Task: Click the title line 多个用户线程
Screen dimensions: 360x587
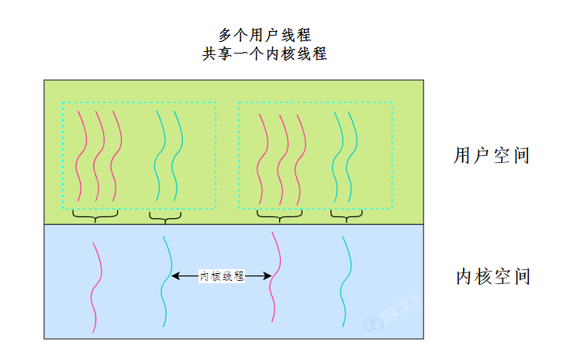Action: (x=264, y=35)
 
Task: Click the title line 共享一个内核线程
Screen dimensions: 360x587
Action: (x=264, y=54)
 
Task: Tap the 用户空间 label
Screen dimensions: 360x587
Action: (x=492, y=155)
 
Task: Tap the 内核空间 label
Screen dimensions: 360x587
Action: (x=492, y=276)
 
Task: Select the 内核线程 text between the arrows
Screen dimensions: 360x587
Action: (x=222, y=275)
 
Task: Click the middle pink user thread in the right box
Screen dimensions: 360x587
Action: (x=282, y=155)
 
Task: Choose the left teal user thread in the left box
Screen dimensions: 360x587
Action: (x=161, y=155)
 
